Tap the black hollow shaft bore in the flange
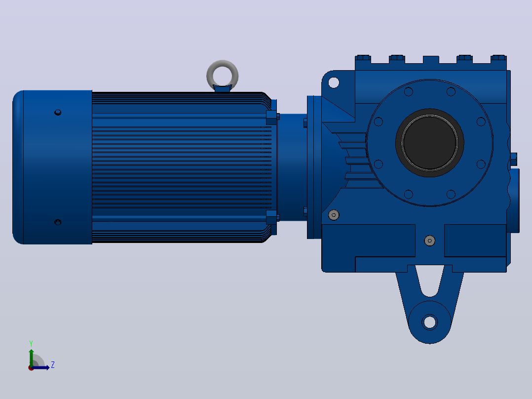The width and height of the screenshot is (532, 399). (x=429, y=143)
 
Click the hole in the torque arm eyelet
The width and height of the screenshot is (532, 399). (x=429, y=321)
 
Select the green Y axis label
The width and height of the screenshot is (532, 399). (x=31, y=343)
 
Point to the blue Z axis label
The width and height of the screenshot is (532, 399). (x=53, y=365)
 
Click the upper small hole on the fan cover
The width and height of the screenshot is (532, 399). (x=58, y=113)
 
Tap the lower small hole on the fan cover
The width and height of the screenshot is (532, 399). (x=58, y=222)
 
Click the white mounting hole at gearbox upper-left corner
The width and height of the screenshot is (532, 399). (x=334, y=82)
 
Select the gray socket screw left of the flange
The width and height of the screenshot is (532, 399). (x=334, y=215)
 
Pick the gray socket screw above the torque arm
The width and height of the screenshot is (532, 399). (x=429, y=241)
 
